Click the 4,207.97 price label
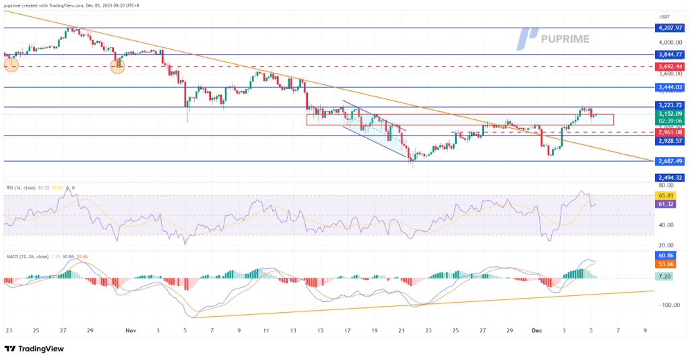(668, 28)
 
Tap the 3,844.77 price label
(668, 54)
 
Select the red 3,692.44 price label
(668, 67)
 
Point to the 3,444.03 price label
(668, 87)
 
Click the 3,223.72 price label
(668, 105)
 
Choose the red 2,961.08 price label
(668, 132)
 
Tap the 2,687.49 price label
(668, 161)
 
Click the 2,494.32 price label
(668, 177)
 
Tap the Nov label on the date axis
(131, 331)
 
